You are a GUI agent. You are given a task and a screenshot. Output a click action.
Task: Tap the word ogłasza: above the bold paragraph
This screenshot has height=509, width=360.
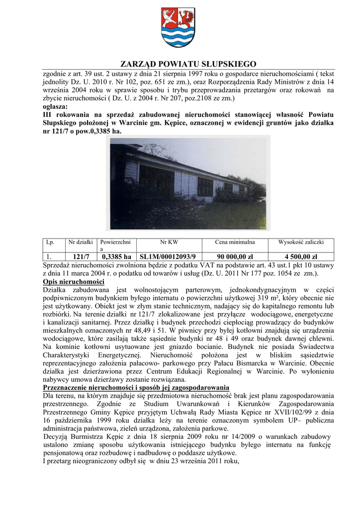point(56,106)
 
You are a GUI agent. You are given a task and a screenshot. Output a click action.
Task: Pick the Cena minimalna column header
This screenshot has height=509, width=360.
point(235,242)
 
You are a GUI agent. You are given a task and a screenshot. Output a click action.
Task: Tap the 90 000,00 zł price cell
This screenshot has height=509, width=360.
point(235,256)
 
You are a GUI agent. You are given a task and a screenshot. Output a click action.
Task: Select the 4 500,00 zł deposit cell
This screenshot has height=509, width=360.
point(301,256)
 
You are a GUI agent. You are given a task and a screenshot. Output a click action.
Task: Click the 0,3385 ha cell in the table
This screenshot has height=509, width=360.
point(116,256)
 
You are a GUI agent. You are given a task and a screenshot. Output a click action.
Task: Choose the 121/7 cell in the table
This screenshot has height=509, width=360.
point(81,256)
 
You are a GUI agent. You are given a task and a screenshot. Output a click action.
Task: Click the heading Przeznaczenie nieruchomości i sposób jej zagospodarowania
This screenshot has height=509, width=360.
point(136,387)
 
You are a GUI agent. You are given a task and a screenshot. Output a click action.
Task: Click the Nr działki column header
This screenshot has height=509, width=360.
point(81,242)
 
